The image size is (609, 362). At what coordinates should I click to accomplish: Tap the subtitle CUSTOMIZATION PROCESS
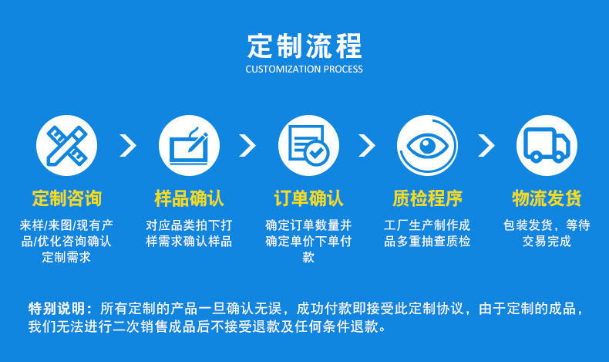[304, 69]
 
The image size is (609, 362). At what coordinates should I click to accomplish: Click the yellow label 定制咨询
[66, 198]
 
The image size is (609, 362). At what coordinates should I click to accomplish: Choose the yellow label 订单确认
[308, 198]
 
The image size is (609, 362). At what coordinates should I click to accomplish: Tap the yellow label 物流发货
[547, 198]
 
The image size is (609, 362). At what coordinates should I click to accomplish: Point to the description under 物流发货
[547, 233]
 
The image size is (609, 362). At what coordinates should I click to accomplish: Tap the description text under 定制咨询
[66, 241]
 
